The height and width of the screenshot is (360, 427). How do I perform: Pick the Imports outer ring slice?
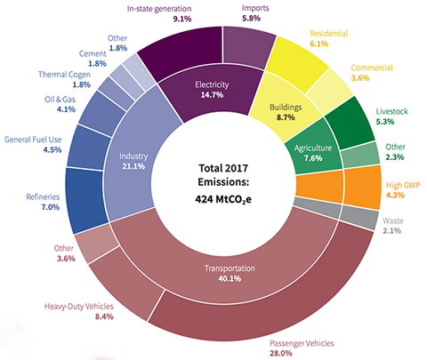coord(246,46)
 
